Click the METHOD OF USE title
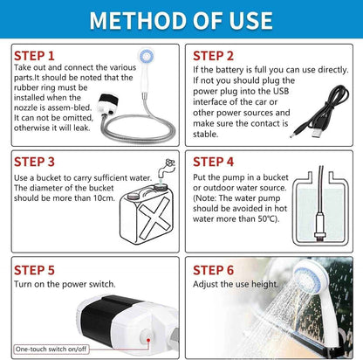[181, 19]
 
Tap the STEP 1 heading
[35, 55]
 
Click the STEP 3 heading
[35, 161]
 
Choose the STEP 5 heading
[35, 270]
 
